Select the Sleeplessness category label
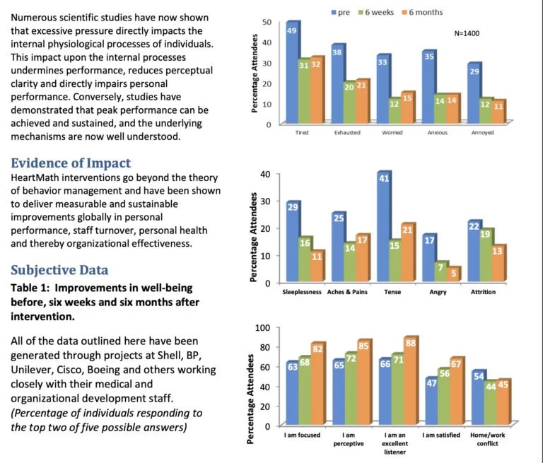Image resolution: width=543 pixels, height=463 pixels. (x=302, y=292)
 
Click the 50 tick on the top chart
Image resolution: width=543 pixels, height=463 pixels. (x=267, y=22)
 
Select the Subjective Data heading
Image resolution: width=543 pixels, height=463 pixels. (x=60, y=269)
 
